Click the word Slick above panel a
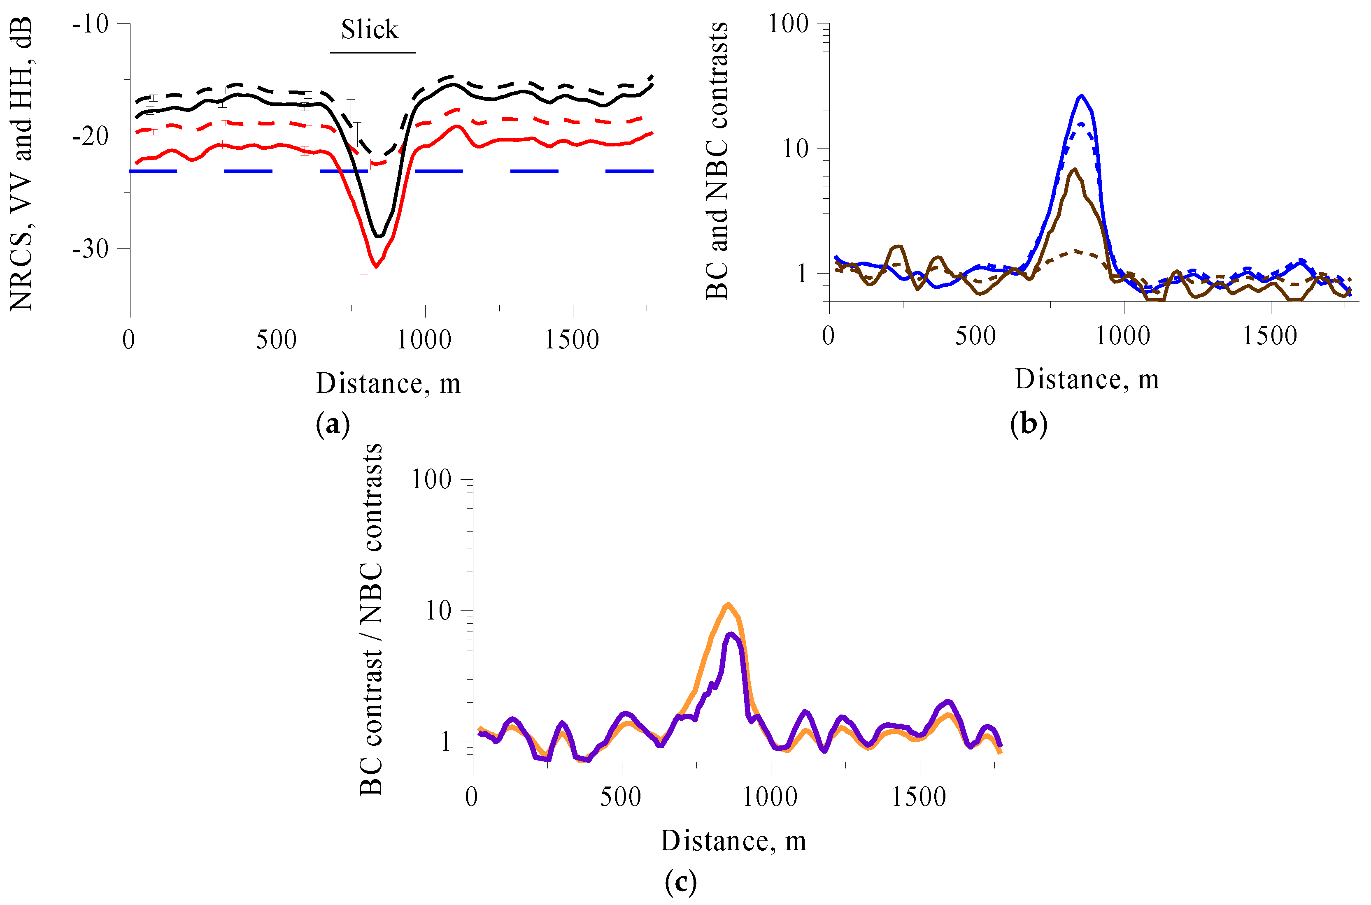[369, 30]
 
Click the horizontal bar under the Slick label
[372, 53]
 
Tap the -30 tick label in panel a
[91, 249]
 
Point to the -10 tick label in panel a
[91, 24]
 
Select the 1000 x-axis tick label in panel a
[424, 340]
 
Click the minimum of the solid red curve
[376, 267]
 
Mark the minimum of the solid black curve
[378, 236]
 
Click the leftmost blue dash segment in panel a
[153, 172]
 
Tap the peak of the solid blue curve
[1081, 96]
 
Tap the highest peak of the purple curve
[731, 634]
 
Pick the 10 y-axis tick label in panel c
[438, 610]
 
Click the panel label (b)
[1029, 424]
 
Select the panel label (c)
[680, 882]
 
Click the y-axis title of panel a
[21, 165]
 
